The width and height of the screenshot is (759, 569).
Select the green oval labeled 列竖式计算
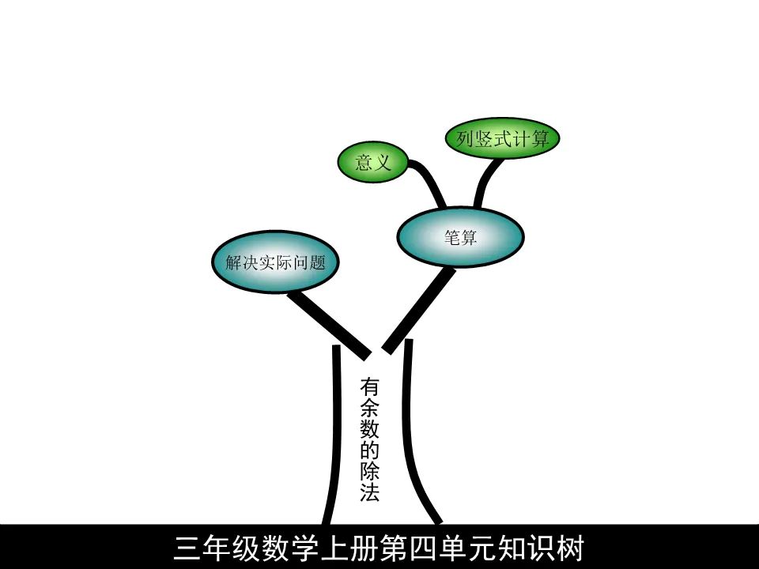503,139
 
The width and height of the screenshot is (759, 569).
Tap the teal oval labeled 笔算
460,237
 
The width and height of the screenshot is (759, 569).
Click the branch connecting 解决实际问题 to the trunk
328,322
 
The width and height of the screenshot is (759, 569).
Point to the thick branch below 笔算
420,309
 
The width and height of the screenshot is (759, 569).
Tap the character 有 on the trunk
370,387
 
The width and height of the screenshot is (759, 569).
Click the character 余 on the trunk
370,409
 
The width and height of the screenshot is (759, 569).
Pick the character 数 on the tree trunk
370,430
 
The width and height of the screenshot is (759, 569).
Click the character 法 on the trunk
370,494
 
